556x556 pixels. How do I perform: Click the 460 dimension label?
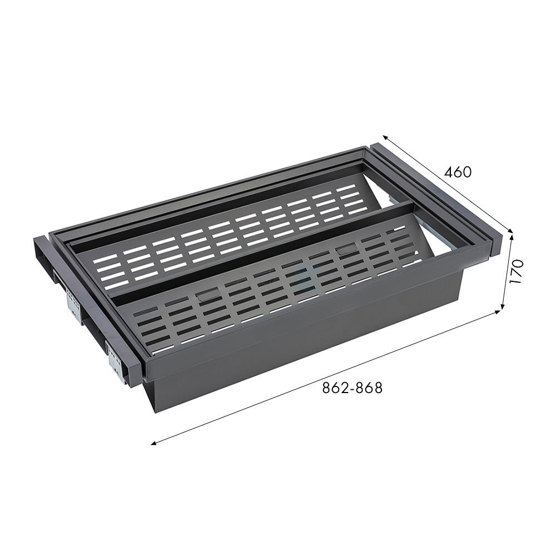(x=458, y=172)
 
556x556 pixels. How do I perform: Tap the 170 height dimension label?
(x=517, y=271)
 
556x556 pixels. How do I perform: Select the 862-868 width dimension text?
(x=353, y=388)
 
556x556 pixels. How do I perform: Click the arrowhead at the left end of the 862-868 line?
(x=153, y=443)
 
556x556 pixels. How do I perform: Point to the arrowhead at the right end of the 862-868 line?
(x=498, y=312)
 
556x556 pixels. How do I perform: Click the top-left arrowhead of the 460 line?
(x=385, y=137)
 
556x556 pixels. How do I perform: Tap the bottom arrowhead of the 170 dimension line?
(x=503, y=306)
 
